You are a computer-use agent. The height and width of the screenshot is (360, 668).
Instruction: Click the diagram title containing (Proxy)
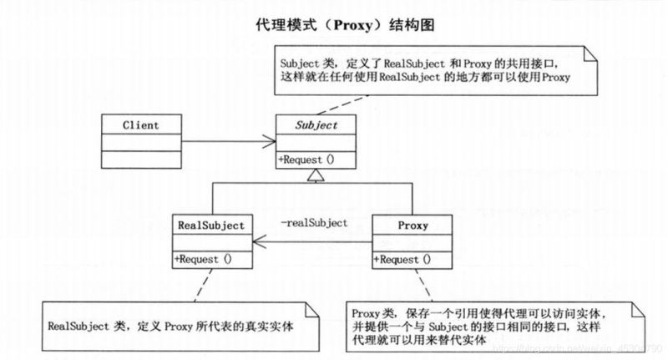click(333, 25)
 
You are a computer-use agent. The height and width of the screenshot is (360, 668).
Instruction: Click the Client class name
click(140, 125)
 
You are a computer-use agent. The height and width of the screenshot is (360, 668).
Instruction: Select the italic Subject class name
click(317, 125)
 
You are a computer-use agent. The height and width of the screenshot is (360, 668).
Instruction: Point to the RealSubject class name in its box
click(211, 226)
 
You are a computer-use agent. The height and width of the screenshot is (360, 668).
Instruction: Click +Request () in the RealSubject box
click(203, 260)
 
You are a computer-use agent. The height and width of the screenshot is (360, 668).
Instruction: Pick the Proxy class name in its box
click(413, 226)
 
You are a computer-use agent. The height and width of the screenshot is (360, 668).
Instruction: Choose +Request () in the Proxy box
click(403, 260)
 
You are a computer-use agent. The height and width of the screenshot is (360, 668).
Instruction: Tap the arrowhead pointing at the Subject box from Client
click(271, 140)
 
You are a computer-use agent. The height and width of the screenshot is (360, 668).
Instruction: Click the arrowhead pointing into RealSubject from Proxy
click(260, 243)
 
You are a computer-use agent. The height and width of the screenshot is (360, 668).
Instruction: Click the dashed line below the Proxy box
click(427, 286)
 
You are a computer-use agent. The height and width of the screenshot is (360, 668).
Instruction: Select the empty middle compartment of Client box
click(140, 142)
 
